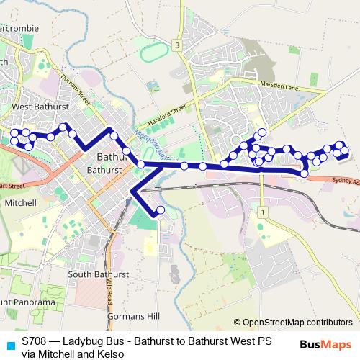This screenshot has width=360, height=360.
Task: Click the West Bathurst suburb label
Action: coord(40,107)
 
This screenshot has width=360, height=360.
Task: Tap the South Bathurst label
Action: coord(98,274)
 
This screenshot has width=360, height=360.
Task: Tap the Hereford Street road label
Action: coord(166,112)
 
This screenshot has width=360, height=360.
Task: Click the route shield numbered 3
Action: coord(177,46)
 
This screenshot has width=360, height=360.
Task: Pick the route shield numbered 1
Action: coord(264,212)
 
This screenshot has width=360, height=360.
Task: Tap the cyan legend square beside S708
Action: coord(9,344)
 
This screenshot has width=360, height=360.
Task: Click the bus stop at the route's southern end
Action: coord(160,210)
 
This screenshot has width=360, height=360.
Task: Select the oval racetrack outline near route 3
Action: coord(151,53)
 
